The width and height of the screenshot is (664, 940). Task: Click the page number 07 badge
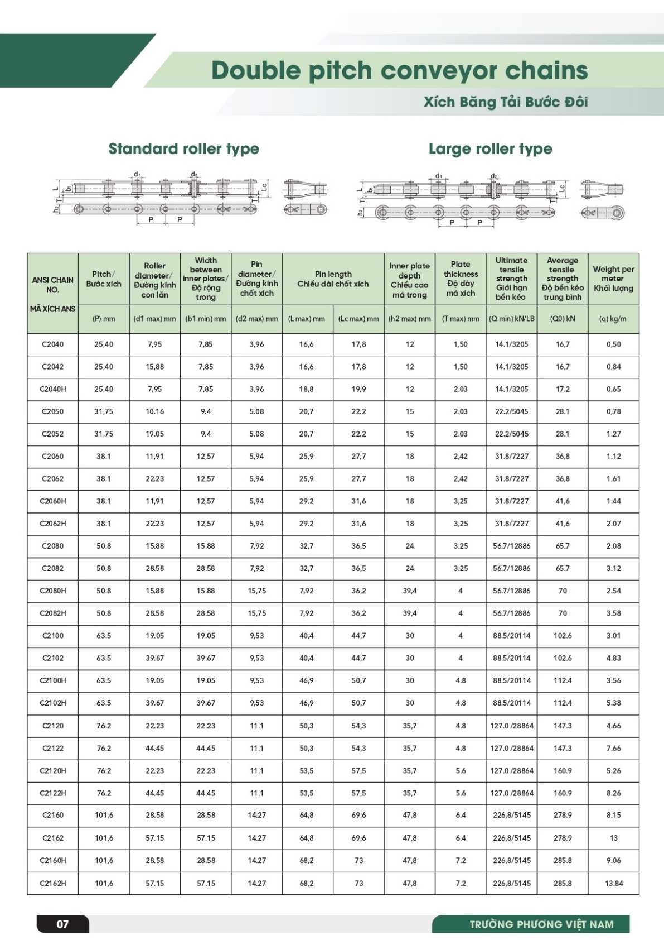click(62, 924)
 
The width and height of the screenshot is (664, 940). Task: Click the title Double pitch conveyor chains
click(399, 70)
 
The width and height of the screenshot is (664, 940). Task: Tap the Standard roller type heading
click(183, 148)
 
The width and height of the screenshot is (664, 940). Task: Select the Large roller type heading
click(490, 148)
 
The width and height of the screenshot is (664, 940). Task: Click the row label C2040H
click(53, 389)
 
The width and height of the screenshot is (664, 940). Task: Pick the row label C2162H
click(53, 883)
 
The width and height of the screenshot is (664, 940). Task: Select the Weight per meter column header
click(613, 279)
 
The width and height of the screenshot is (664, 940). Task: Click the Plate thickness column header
click(461, 279)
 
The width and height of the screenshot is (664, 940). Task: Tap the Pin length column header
click(333, 279)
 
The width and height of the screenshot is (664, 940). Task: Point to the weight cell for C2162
click(613, 838)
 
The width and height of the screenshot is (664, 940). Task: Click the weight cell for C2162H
click(613, 883)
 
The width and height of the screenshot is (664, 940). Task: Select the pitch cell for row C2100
click(104, 635)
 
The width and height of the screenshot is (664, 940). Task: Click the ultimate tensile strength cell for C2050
click(511, 411)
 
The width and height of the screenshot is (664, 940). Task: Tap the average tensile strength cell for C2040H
click(563, 389)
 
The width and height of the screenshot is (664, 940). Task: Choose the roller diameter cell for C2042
click(154, 367)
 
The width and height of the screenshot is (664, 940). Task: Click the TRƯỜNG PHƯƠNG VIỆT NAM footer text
click(541, 924)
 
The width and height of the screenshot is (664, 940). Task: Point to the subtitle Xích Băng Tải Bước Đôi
click(506, 102)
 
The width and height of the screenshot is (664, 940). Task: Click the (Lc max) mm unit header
click(358, 319)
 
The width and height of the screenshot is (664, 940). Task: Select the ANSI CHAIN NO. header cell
click(53, 285)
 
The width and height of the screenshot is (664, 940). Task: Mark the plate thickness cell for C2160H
click(461, 860)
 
